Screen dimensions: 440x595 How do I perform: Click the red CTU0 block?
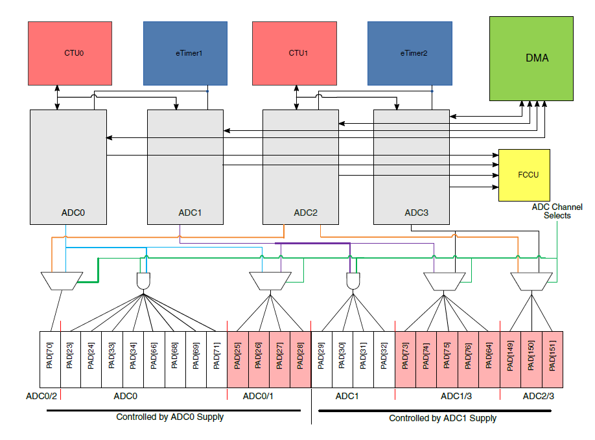(x=74, y=53)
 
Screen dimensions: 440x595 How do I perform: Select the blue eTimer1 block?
(x=185, y=53)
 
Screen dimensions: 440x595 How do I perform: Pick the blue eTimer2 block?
(x=409, y=53)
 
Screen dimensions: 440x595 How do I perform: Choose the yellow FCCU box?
(x=524, y=175)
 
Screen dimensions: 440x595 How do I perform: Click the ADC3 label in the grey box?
(x=416, y=212)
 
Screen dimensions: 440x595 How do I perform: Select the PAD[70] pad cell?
(x=50, y=360)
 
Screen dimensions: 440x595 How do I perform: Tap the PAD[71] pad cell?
(x=216, y=360)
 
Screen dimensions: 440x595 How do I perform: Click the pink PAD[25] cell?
(x=238, y=360)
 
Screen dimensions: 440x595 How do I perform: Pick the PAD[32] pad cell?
(x=384, y=360)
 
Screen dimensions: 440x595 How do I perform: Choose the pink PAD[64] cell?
(x=489, y=360)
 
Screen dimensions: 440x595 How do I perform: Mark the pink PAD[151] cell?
(x=552, y=360)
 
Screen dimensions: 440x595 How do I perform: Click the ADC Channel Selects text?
(x=556, y=211)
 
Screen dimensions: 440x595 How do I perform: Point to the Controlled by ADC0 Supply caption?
(x=170, y=417)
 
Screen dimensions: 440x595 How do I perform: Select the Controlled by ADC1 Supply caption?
(x=443, y=418)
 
